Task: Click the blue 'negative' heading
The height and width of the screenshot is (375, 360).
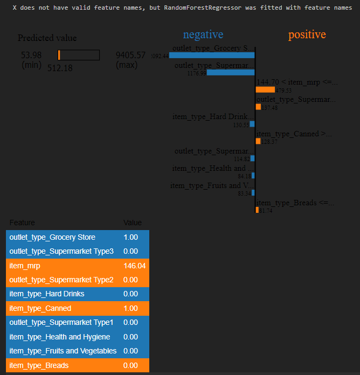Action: coord(203,34)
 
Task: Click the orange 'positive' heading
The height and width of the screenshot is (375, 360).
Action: coord(307,34)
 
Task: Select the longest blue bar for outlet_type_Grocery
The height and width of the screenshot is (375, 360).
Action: coord(211,55)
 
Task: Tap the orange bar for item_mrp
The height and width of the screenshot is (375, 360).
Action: coord(265,90)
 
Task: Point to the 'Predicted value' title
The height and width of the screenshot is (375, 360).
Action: coord(47,38)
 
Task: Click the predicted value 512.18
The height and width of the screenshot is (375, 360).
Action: coord(59,68)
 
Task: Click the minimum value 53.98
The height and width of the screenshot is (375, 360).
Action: coord(31,55)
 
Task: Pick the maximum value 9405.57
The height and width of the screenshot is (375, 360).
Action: coord(130,55)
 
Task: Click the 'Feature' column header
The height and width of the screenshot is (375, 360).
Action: coord(22,223)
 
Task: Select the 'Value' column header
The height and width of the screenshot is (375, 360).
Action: coord(132,223)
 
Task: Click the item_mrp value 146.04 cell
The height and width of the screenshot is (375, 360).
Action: coord(134,266)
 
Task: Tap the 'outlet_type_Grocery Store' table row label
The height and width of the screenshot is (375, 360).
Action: coord(52,237)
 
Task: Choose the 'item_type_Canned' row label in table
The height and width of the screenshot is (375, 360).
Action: coord(40,308)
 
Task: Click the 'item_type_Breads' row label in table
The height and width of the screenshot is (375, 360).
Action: coord(39,365)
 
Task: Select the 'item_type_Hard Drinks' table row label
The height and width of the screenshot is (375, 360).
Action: coord(47,294)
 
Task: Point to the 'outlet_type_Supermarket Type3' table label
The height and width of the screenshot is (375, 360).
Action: coord(61,251)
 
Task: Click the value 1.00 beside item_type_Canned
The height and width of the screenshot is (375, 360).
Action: coord(131,308)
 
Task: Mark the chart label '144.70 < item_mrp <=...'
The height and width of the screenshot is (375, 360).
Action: coord(297,82)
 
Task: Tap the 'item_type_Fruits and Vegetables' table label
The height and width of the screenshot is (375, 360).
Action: coord(63,351)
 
